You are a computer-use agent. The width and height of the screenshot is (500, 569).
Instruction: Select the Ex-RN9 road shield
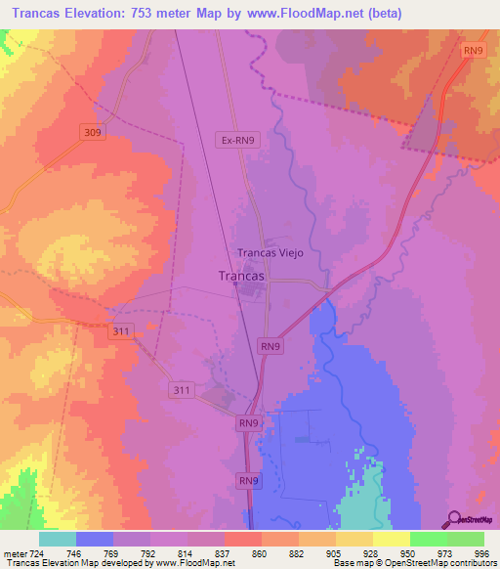(x=239, y=141)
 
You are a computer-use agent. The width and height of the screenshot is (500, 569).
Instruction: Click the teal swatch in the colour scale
(x=58, y=538)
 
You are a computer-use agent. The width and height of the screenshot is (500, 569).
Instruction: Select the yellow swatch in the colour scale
(x=391, y=538)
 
